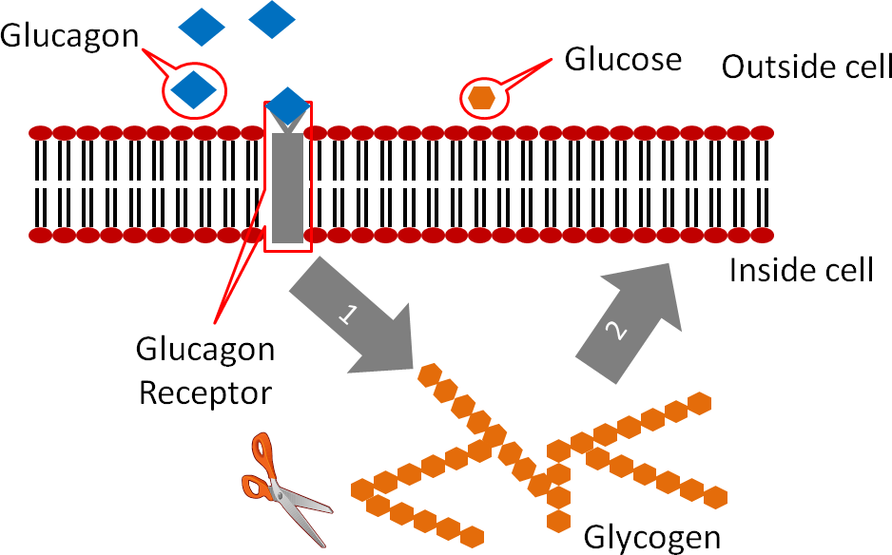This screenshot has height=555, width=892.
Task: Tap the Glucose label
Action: tap(623, 60)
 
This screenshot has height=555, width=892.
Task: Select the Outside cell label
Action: tap(806, 67)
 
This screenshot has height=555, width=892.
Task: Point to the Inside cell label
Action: tap(801, 271)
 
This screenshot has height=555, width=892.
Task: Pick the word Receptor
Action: tap(205, 392)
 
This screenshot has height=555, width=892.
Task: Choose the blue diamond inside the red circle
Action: tap(194, 90)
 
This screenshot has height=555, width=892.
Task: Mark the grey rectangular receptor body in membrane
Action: tap(288, 188)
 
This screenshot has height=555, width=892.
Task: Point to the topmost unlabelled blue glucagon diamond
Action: tap(272, 19)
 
